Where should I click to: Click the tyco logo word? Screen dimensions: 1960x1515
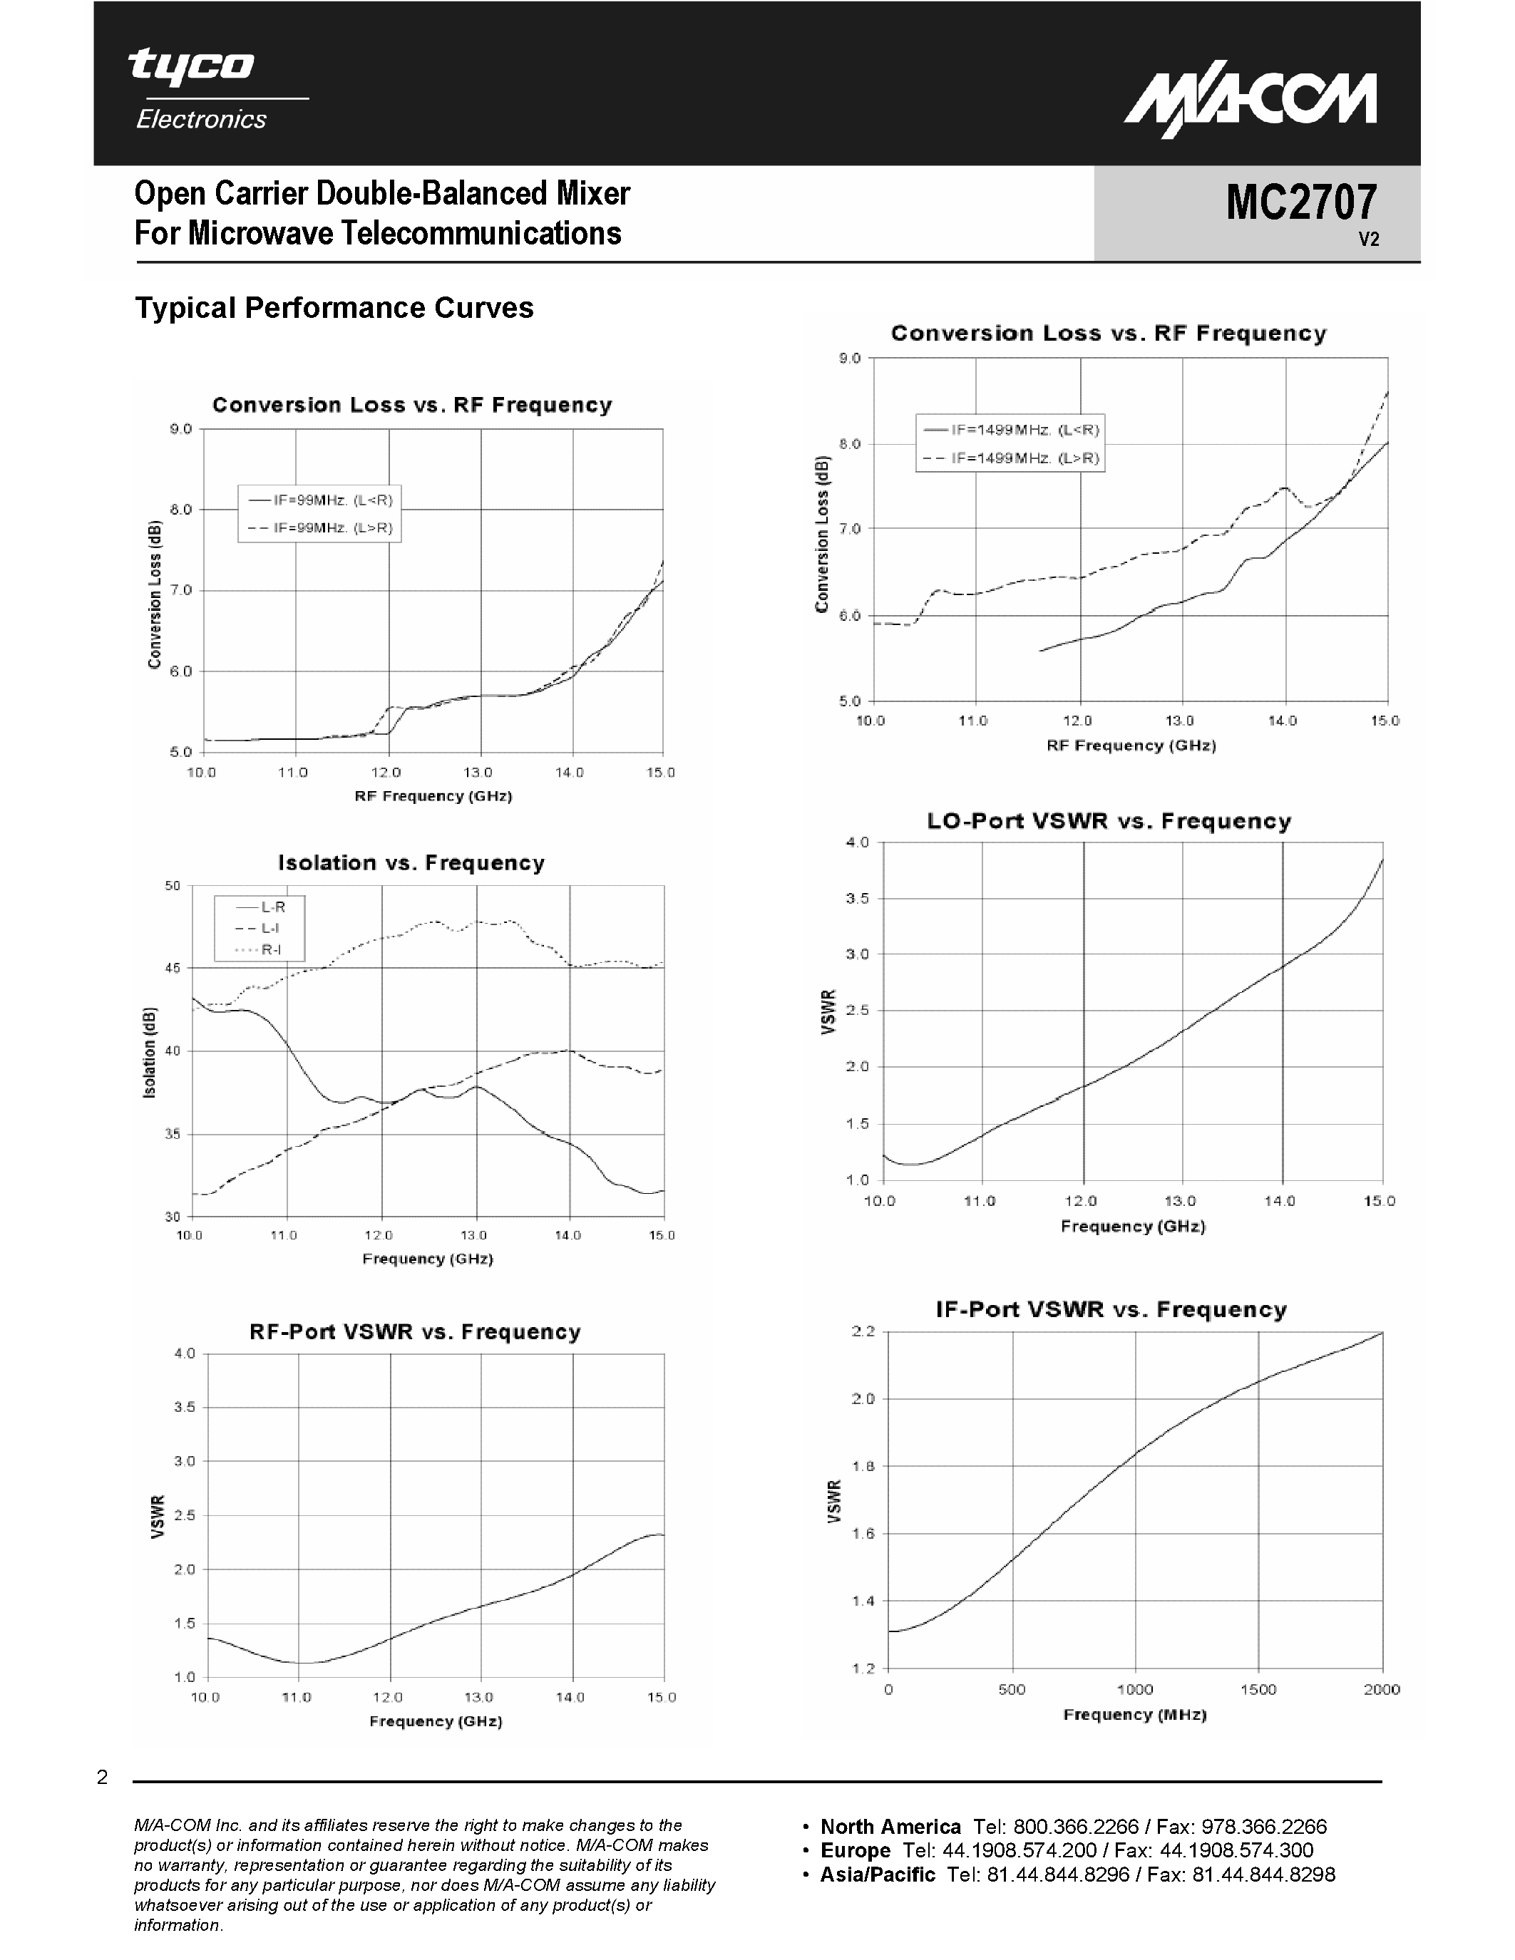[x=190, y=66]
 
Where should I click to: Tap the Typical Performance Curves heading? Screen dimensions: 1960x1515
[x=334, y=308]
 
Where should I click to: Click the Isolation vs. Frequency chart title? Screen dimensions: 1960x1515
[x=411, y=862]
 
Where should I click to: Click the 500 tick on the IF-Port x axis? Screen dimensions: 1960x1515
[x=1012, y=1690]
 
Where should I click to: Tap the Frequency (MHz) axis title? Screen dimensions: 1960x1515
[x=1134, y=1715]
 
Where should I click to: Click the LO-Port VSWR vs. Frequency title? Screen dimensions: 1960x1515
[x=1109, y=821]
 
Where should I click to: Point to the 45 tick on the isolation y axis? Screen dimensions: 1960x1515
[x=173, y=969]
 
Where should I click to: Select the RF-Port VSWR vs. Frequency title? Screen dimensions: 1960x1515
[x=415, y=1332]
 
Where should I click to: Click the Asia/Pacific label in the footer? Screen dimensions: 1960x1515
[x=877, y=1874]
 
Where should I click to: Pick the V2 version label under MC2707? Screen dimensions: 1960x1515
[x=1368, y=239]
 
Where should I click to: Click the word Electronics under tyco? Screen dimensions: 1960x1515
[x=201, y=119]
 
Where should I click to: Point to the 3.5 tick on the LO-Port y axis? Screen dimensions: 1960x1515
[x=857, y=898]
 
